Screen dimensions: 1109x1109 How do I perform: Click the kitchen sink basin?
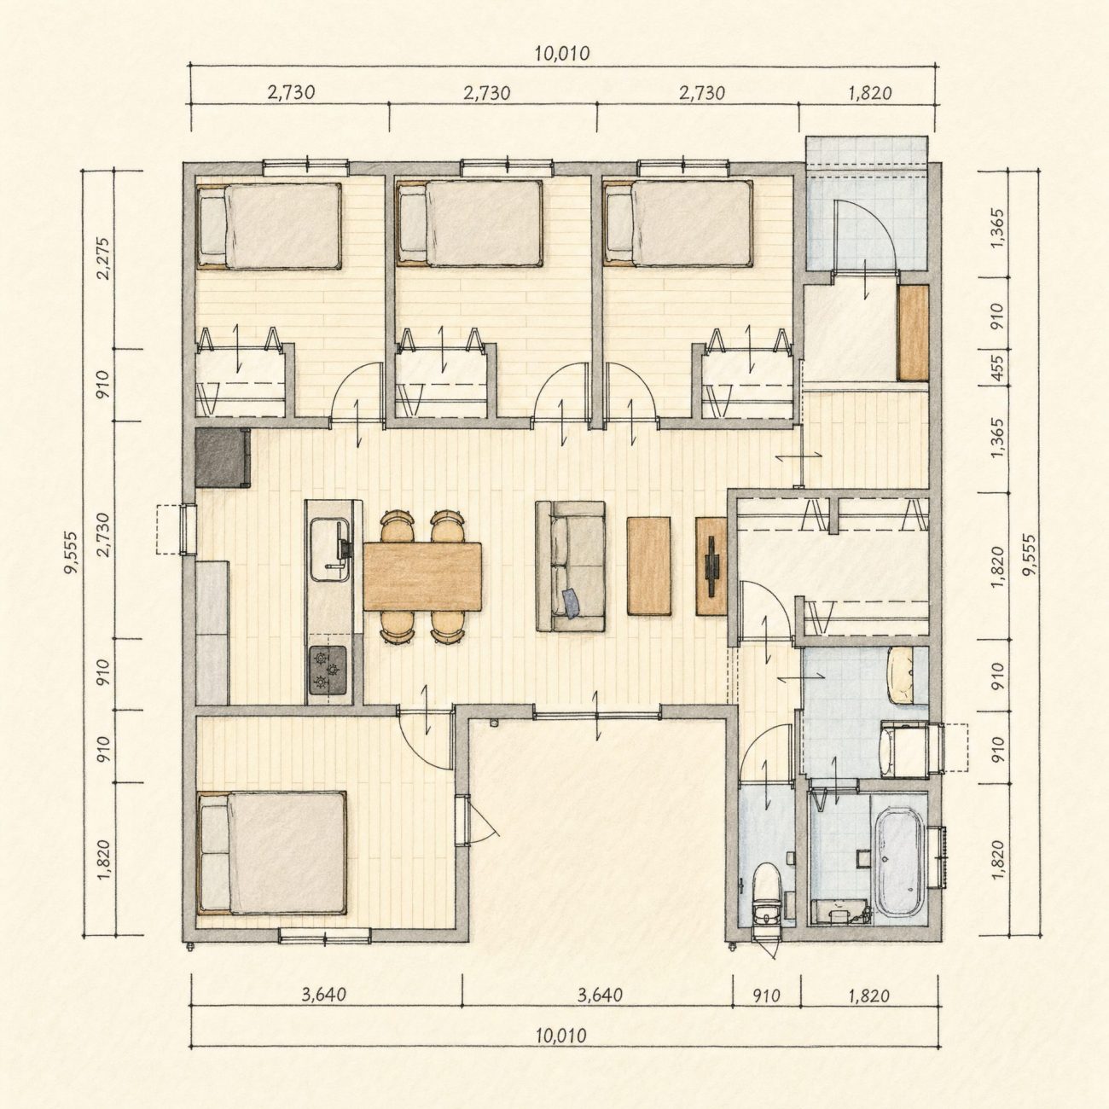click(x=331, y=549)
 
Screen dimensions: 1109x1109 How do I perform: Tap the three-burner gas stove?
click(x=329, y=670)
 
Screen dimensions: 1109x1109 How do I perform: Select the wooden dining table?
click(x=422, y=576)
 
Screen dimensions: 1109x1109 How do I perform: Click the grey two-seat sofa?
click(x=571, y=566)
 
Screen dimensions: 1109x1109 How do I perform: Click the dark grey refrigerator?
click(x=223, y=457)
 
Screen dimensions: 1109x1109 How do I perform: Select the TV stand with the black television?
click(x=711, y=566)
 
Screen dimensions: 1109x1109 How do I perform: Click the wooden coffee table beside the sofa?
click(x=648, y=566)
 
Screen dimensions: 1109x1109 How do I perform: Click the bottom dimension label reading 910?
click(x=766, y=996)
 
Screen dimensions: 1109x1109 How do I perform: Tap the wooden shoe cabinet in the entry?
click(x=914, y=333)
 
